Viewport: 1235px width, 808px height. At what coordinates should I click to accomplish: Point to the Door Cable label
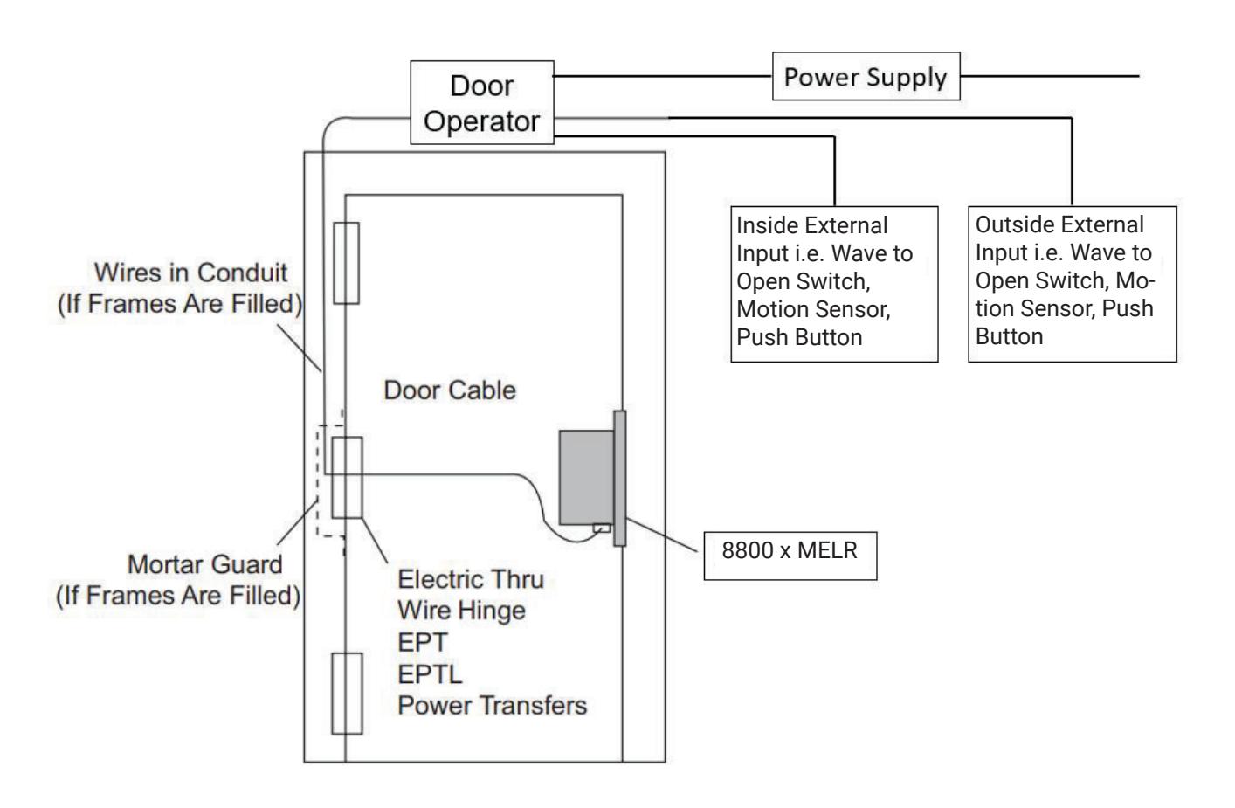coord(450,390)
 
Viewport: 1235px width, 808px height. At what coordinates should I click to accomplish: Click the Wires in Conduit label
coord(180,288)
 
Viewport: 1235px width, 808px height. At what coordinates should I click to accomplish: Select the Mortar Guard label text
coord(178,580)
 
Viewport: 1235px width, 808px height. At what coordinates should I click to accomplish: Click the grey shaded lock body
coord(586,477)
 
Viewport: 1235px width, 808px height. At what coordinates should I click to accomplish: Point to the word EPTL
coord(430,674)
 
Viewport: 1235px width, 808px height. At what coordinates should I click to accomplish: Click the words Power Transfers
coord(493,706)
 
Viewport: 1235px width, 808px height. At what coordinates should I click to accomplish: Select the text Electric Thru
coord(471,579)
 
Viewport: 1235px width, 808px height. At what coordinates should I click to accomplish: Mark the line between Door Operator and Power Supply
coord(663,76)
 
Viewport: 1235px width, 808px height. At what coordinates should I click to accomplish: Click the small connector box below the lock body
coord(602,528)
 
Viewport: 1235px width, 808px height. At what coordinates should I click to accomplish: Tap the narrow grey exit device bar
coord(620,478)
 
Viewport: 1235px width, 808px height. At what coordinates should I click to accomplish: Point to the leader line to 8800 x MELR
coord(662,535)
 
